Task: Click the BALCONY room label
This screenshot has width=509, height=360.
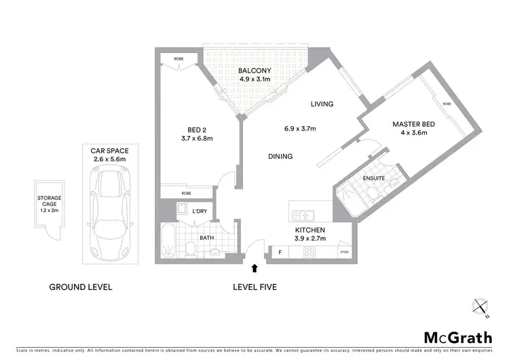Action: [254, 71]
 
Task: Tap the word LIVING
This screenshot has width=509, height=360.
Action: [322, 104]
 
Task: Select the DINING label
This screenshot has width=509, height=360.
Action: [280, 156]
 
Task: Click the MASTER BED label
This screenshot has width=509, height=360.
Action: [413, 124]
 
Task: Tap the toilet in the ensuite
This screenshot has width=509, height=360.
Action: [373, 195]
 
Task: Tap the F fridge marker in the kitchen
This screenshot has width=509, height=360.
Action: [280, 253]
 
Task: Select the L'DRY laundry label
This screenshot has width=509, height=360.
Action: [200, 212]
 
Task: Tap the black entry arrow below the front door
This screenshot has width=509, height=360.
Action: [254, 270]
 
